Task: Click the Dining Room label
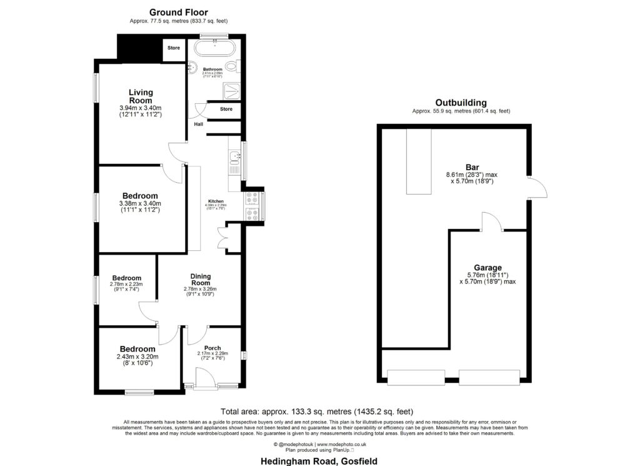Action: coord(201,280)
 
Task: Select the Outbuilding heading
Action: coord(461,103)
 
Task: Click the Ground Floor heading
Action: coord(178,12)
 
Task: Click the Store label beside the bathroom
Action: coord(173,48)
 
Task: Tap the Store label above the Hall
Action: coord(226,109)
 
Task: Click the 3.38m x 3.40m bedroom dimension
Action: coord(140,203)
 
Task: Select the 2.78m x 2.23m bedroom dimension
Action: coord(126,285)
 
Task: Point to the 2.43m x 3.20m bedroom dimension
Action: coord(137,357)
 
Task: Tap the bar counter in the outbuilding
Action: coord(419,161)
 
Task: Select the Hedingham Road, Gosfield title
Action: coord(319,460)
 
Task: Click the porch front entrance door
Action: coord(205,378)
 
